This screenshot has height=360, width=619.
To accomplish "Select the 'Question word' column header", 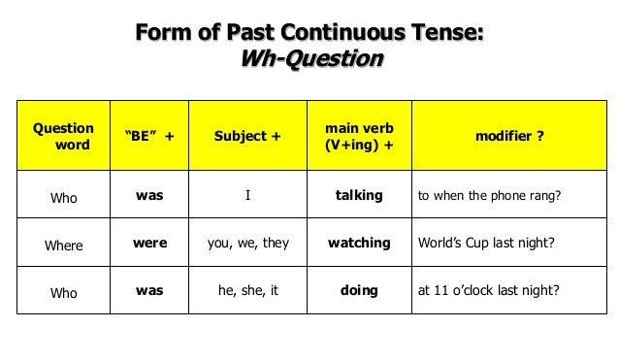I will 64,137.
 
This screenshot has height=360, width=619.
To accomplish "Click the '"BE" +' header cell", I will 149,137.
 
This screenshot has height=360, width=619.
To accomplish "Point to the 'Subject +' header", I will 248,137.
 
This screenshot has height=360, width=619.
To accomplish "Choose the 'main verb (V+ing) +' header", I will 358,137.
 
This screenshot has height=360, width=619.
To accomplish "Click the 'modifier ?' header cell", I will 508,137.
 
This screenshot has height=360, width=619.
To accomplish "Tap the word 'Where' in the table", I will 64,245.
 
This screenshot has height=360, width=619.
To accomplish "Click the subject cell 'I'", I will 248,196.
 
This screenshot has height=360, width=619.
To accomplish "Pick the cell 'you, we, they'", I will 248,244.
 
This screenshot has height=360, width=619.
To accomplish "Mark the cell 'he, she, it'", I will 248,290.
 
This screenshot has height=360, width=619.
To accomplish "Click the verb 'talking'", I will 358,196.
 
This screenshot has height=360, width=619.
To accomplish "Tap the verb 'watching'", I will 358,244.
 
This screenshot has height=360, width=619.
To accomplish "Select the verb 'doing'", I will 358,290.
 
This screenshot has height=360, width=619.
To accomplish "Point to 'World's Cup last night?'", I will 485,244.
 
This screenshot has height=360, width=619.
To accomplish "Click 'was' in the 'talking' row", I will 149,196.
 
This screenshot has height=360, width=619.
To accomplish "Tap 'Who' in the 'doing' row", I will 64,291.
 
